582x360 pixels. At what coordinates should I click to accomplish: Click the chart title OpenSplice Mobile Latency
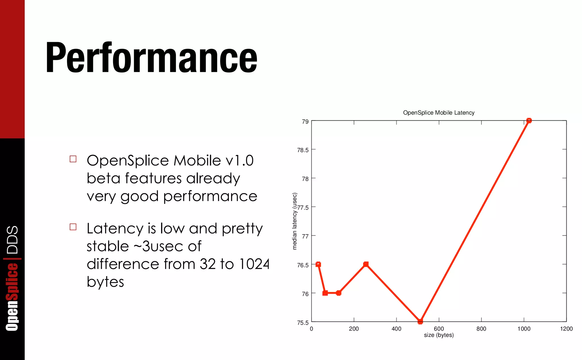coord(438,113)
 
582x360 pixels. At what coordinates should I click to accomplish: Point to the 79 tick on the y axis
coord(305,122)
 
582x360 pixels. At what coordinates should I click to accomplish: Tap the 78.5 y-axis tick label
coord(303,150)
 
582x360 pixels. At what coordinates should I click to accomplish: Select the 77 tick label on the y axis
coord(305,236)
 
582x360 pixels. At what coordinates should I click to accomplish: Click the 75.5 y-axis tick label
coord(303,323)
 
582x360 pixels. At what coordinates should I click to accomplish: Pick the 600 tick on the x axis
coord(439,329)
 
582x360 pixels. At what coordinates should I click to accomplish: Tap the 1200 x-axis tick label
coord(566,329)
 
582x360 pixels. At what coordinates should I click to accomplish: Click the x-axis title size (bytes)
coord(438,335)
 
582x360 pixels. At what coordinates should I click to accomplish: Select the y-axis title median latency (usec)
coord(294,221)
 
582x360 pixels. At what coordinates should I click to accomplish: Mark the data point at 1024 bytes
coord(529,121)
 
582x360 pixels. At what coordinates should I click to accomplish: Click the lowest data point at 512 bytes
coord(420,321)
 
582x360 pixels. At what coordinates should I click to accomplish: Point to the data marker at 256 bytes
coord(366,264)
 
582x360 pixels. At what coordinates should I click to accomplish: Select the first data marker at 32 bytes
coord(318,264)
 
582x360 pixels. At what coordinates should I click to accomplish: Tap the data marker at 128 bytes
coord(338,293)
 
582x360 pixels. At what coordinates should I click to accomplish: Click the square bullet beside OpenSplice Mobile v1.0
coord(73,159)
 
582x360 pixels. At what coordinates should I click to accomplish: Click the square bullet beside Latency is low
coord(73,227)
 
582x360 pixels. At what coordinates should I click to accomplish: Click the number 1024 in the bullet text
coord(254,264)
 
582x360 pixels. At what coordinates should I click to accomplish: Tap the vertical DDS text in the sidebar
coord(13,240)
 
